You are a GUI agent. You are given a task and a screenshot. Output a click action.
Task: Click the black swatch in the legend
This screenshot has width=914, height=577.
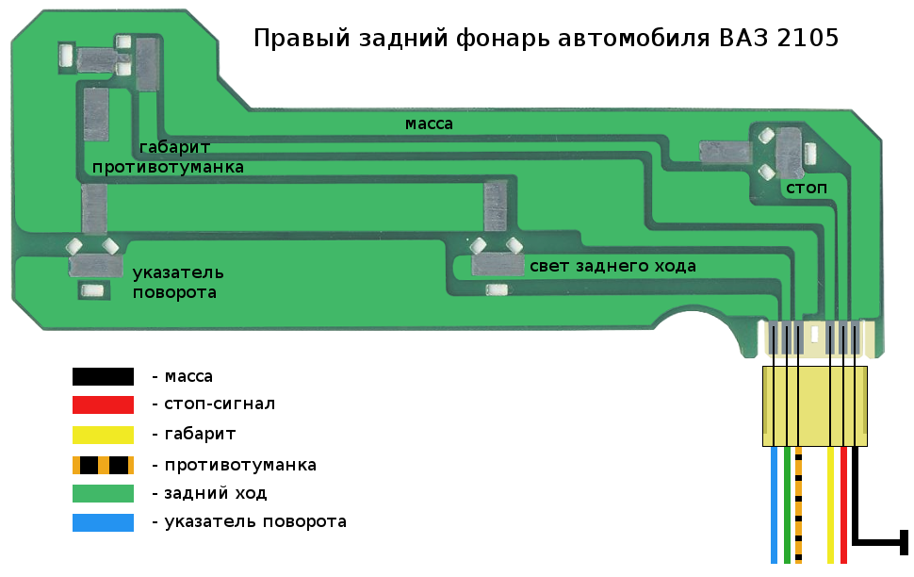(103, 377)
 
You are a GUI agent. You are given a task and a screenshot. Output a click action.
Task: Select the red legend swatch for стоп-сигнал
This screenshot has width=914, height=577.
(103, 405)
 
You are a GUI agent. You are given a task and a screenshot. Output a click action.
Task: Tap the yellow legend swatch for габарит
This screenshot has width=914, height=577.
(103, 435)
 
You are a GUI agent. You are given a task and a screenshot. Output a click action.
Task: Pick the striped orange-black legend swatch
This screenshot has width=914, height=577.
(103, 465)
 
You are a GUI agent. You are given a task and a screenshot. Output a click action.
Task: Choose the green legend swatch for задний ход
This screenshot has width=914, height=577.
(103, 493)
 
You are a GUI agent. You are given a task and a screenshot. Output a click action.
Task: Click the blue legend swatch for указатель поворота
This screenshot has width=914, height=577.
(103, 522)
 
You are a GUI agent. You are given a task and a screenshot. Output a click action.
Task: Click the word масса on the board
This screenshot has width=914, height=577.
(429, 124)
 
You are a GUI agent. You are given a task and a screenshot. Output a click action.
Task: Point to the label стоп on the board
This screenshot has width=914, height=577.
(806, 189)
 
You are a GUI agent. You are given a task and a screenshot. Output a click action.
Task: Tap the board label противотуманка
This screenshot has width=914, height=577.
(169, 167)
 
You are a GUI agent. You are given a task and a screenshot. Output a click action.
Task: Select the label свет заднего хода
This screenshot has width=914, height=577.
(612, 267)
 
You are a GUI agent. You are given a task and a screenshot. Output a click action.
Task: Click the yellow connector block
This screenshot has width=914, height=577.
(814, 406)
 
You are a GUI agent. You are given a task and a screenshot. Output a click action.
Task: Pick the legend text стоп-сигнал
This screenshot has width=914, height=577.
(220, 405)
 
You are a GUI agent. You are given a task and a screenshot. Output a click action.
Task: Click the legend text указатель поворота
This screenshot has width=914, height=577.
(255, 522)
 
